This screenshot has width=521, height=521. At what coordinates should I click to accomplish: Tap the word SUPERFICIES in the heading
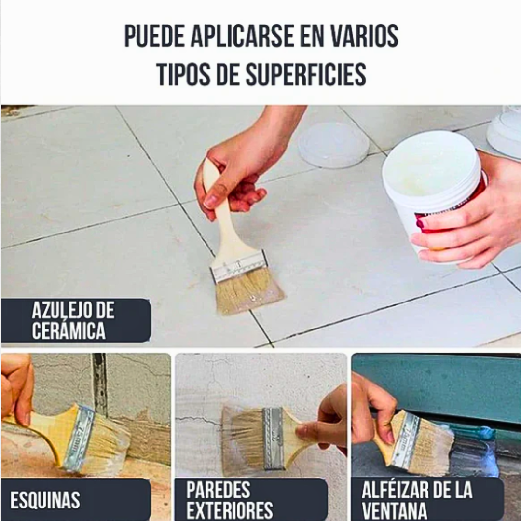[306, 74]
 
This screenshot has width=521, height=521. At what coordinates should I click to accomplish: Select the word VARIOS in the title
[365, 36]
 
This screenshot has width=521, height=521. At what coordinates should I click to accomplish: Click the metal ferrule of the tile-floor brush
[239, 266]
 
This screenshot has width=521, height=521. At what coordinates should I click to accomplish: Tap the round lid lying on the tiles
[333, 145]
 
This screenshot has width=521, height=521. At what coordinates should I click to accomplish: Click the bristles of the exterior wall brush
[243, 438]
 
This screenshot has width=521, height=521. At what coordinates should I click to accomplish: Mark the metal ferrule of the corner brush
[80, 438]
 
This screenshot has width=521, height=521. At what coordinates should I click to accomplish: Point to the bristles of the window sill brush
[433, 449]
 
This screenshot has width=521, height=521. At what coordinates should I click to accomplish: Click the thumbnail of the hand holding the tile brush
[210, 201]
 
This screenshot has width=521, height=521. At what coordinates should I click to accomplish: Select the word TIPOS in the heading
[183, 74]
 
